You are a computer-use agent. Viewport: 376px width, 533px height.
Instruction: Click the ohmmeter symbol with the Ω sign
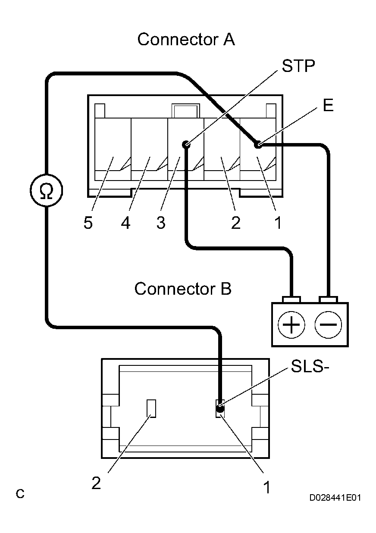[x=46, y=190]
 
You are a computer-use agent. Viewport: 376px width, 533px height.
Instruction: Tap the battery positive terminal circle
[x=291, y=324]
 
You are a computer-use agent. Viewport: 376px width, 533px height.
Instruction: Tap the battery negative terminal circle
[x=328, y=324]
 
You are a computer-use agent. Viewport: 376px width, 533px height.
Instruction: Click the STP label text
[x=298, y=67]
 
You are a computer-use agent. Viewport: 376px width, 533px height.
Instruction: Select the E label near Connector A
[x=328, y=106]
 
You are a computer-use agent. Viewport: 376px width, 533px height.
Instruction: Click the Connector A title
[x=186, y=40]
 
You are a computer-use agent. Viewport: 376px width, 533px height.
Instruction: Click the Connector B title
[x=183, y=289]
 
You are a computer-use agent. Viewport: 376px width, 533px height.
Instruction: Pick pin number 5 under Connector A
[x=88, y=223]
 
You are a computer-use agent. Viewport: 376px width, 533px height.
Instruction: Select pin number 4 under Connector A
[x=125, y=223]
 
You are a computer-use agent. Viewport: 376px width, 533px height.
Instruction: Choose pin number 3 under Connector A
[x=161, y=223]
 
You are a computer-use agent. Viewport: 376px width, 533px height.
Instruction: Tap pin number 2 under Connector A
[x=235, y=223]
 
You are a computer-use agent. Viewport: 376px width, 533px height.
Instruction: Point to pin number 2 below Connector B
[x=96, y=483]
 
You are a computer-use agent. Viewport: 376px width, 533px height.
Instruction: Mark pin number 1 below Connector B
[x=267, y=487]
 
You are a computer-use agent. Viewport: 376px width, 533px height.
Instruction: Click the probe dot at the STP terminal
[x=186, y=145]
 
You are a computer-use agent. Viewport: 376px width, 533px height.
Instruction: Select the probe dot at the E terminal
[x=258, y=145]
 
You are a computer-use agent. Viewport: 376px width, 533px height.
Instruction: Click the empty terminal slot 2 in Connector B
[x=151, y=408]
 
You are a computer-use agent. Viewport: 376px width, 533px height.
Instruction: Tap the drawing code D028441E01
[x=335, y=498]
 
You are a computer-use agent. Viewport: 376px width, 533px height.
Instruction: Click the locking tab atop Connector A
[x=185, y=110]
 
